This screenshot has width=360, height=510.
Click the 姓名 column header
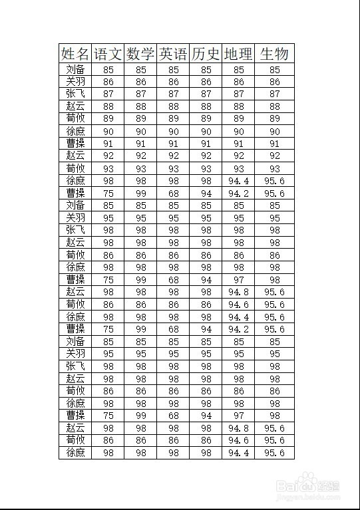click(x=75, y=54)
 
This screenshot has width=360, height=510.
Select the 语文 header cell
click(x=108, y=54)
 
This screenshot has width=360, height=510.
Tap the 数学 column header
click(x=140, y=54)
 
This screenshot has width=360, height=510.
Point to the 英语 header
click(x=173, y=54)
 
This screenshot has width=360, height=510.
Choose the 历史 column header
click(x=206, y=54)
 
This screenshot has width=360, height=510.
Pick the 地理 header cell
click(x=238, y=54)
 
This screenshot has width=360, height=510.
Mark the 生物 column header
click(x=274, y=54)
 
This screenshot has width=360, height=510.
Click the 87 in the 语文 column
click(x=108, y=94)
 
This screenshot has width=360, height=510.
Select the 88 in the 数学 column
click(x=140, y=106)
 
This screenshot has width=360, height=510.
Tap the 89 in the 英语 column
click(x=173, y=119)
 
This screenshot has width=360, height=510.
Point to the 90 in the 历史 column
click(x=206, y=132)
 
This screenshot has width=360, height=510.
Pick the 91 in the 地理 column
click(x=238, y=144)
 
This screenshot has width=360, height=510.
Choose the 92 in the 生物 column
click(x=274, y=156)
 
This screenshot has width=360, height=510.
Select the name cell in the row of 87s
click(x=75, y=94)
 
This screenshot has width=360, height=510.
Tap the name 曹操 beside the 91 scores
click(x=75, y=144)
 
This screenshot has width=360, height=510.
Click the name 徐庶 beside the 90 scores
click(x=75, y=132)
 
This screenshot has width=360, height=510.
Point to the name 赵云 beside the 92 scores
click(x=75, y=156)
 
